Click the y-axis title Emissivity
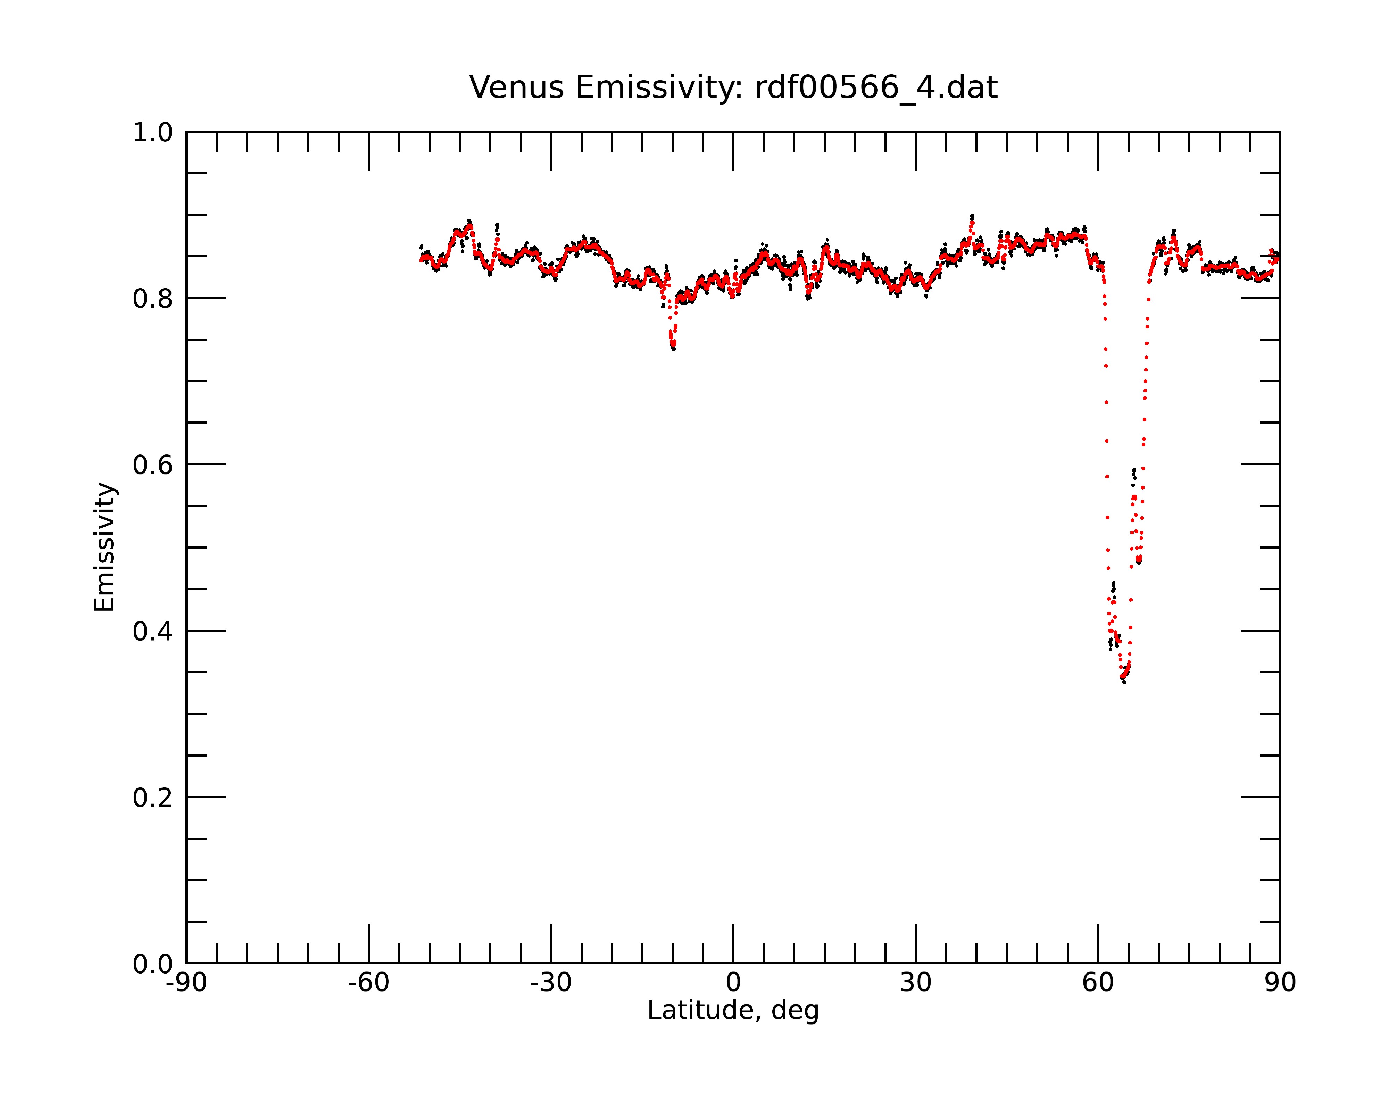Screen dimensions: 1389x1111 (105, 547)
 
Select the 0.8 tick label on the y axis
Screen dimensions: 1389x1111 (153, 299)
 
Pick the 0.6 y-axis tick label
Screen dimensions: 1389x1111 (153, 465)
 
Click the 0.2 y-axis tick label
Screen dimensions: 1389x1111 (153, 798)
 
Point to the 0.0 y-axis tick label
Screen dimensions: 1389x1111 (153, 964)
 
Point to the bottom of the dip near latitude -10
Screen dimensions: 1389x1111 (673, 349)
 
